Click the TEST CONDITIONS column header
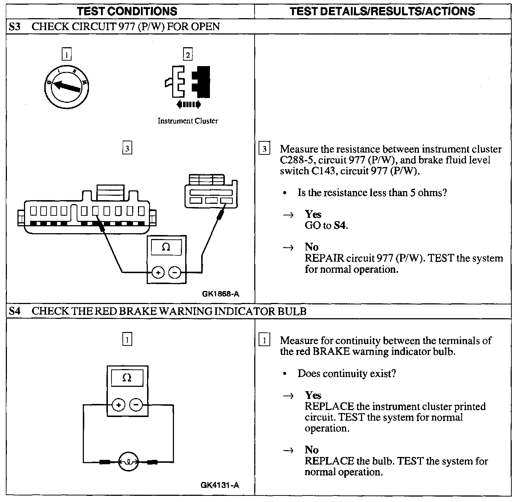pyautogui.click(x=127, y=11)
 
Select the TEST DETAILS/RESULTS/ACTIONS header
pyautogui.click(x=382, y=11)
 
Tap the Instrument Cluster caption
pyautogui.click(x=188, y=121)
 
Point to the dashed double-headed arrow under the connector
pyautogui.click(x=188, y=105)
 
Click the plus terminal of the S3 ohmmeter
pyautogui.click(x=158, y=272)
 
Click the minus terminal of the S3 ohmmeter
pyautogui.click(x=175, y=272)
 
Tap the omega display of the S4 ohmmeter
pyautogui.click(x=127, y=378)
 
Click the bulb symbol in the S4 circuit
pyautogui.click(x=128, y=462)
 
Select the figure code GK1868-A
pyautogui.click(x=221, y=294)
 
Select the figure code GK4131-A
pyautogui.click(x=220, y=485)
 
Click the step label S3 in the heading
pyautogui.click(x=15, y=27)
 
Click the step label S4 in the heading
pyautogui.click(x=15, y=311)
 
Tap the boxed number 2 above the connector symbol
pyautogui.click(x=188, y=55)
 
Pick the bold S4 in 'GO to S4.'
pyautogui.click(x=340, y=226)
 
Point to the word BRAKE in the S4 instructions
pyautogui.click(x=331, y=352)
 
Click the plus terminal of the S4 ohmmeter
pyautogui.click(x=119, y=404)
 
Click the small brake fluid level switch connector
pyautogui.click(x=211, y=193)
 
